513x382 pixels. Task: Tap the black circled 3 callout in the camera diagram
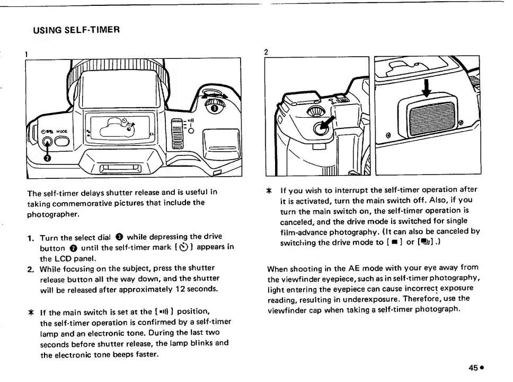point(214,108)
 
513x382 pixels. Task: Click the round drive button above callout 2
point(47,142)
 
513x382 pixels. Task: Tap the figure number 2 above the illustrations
point(266,52)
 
